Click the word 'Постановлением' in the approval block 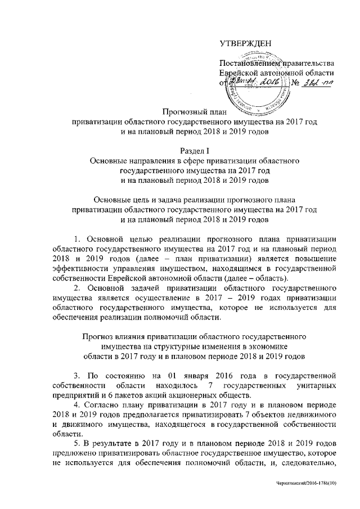click(245, 62)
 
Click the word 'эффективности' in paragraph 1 click(78, 272)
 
